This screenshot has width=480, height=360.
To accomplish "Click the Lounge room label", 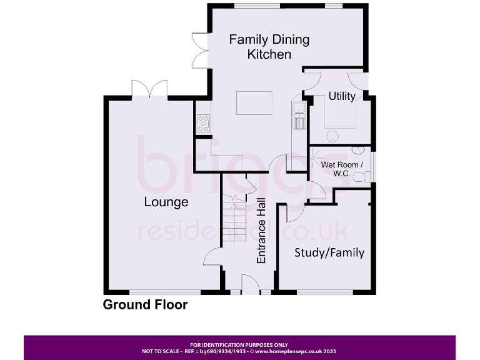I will pos(166,202).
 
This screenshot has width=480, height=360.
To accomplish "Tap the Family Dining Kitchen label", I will pos(269,47).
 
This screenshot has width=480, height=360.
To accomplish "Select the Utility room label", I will pos(342,96).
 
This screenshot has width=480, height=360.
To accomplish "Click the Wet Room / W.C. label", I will pos(340,169).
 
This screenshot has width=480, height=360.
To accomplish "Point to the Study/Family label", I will pos(329,252).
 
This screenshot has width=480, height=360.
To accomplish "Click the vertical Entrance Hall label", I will pos(262,231).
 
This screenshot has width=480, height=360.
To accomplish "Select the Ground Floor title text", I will pos(145,305).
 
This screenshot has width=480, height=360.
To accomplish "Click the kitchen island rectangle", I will pos(254,103).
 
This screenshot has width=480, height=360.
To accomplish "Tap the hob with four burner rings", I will pos(203,122).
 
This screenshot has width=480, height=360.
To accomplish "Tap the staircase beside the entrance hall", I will pos(236,219).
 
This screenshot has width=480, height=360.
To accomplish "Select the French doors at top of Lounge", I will pos(149,89).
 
